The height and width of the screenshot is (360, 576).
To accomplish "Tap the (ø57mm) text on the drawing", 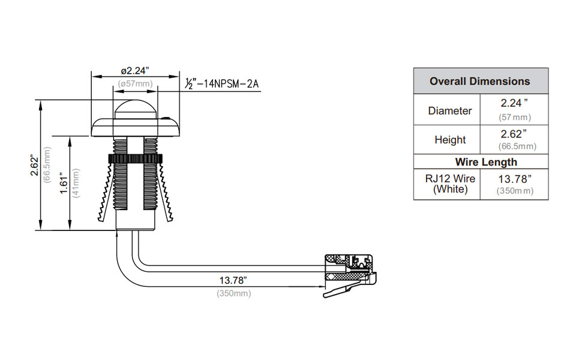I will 136,83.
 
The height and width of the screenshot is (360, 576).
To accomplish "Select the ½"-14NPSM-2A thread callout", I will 221,83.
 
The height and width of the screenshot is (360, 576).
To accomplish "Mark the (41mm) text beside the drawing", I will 76,184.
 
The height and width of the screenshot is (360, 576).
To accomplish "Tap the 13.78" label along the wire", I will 233,280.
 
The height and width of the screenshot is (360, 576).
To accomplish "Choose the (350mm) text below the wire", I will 233,293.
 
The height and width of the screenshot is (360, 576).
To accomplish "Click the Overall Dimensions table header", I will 480,81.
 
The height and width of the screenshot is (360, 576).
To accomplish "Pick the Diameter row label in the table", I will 450,110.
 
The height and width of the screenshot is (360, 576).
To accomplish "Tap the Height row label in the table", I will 450,140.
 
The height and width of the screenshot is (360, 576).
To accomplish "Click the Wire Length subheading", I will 486,162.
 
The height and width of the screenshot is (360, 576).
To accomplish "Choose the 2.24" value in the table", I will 514,103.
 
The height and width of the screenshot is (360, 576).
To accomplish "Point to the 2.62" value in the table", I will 514,133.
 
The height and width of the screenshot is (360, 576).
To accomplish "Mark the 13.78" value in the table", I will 514,178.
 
